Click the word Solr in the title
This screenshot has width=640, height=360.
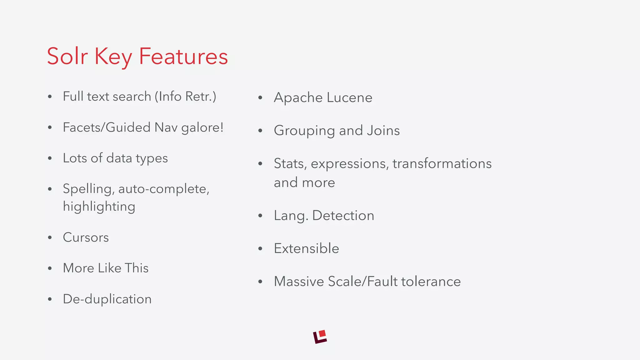point(67,56)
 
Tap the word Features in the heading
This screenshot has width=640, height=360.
point(183,56)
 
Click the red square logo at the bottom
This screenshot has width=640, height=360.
point(320,337)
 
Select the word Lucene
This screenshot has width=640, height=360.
point(349,97)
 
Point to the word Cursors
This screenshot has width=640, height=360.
point(86,237)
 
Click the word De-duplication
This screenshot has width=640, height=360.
point(107,299)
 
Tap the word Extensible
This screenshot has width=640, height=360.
point(306,248)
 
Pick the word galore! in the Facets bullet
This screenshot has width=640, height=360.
point(202,127)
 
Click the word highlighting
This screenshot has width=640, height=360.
point(99,207)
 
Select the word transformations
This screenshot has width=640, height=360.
point(442,164)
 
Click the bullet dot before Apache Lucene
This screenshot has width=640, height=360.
point(260,98)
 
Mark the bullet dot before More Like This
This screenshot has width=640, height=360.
point(50,268)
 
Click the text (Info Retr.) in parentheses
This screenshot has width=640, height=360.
point(185,97)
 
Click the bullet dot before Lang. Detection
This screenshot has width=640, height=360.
point(260,216)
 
